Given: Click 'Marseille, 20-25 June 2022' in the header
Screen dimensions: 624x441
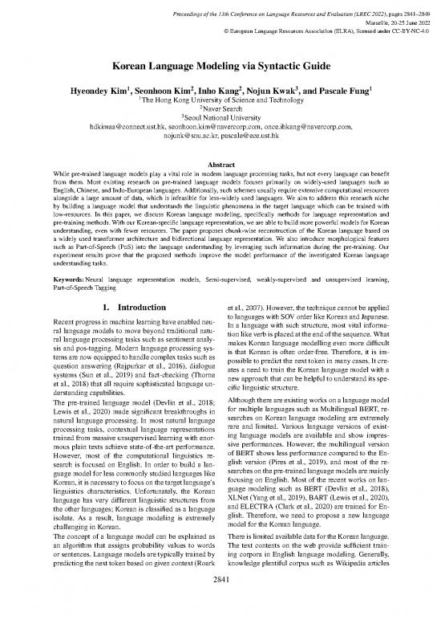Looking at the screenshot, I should coord(389,14).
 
